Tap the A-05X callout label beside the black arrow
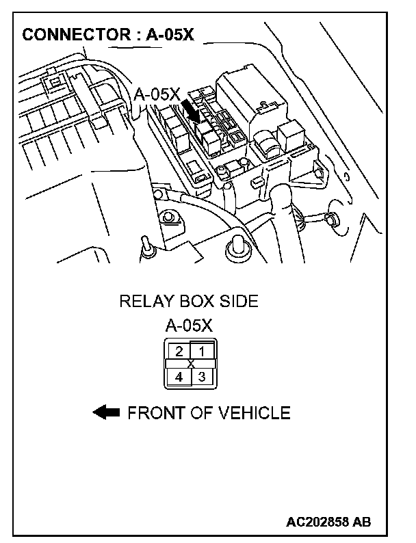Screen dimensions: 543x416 coord(157,94)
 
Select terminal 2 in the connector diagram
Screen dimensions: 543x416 coord(179,352)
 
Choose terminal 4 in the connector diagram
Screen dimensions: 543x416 coord(179,376)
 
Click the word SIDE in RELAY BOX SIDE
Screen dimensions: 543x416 coord(239,302)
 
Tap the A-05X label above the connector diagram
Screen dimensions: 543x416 coord(190,325)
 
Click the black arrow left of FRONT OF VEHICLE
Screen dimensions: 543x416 coord(106,412)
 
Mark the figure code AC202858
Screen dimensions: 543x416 coord(320,522)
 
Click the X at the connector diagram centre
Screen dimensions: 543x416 coord(190,363)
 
